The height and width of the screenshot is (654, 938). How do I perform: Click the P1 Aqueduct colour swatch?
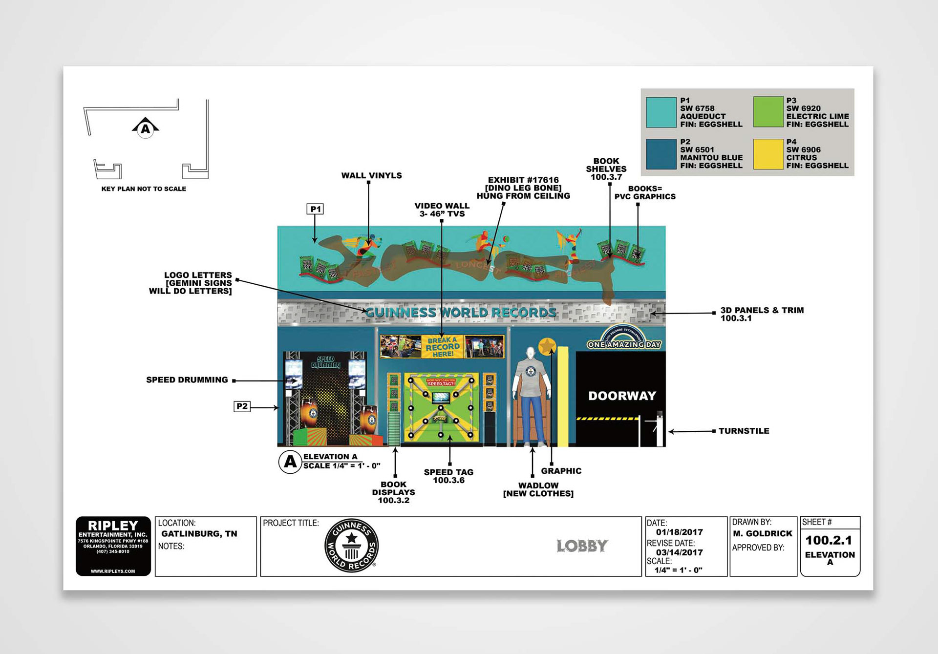[661, 112]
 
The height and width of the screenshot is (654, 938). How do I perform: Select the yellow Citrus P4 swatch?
[768, 154]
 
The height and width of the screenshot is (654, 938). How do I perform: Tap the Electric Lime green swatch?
[768, 112]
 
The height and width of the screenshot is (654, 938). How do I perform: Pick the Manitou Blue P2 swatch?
[661, 154]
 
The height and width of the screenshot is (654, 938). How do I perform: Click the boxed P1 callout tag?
[316, 209]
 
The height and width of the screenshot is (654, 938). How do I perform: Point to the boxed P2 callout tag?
[242, 406]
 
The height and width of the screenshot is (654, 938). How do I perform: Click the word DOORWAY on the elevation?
[622, 396]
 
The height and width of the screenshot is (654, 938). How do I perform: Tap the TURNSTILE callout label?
[744, 431]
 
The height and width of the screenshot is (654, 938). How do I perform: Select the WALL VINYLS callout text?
[371, 175]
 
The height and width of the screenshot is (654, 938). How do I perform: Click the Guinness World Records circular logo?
[351, 546]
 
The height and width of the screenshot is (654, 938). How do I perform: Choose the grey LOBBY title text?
[582, 546]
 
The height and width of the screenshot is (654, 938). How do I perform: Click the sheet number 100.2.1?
[829, 540]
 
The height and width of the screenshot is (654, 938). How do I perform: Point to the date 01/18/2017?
[679, 532]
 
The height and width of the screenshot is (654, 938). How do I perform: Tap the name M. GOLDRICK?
[762, 533]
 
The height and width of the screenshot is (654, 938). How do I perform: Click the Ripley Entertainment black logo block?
[113, 546]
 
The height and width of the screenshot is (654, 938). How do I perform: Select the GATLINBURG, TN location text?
[199, 534]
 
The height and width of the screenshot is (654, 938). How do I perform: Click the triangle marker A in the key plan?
[145, 128]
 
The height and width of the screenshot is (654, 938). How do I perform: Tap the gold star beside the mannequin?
[547, 346]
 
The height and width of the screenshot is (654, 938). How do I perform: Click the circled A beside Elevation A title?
[290, 462]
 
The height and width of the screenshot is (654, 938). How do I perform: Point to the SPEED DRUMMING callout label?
[187, 380]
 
